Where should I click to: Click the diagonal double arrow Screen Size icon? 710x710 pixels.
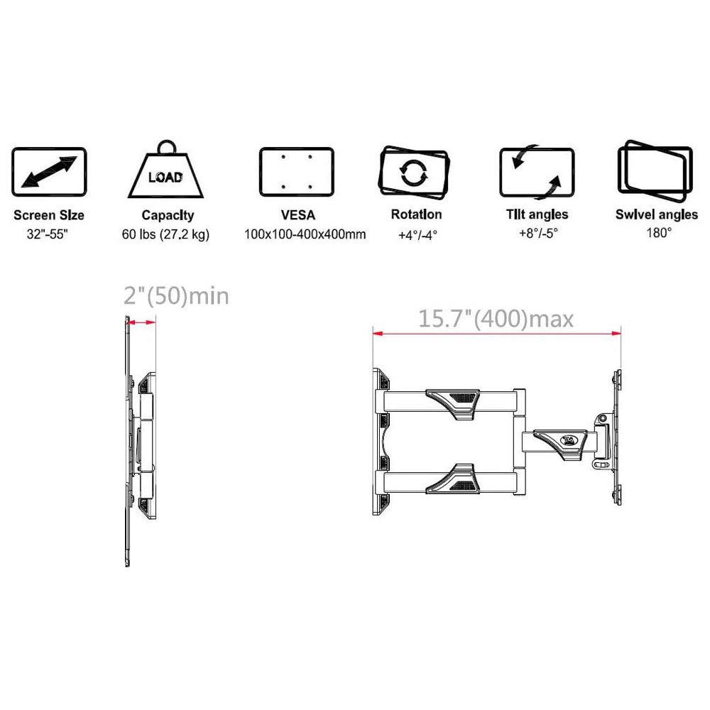pyautogui.click(x=49, y=172)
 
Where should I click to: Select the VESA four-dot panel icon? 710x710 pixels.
pyautogui.click(x=297, y=172)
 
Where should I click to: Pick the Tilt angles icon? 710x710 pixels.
pyautogui.click(x=537, y=172)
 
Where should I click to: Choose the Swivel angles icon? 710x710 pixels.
pyautogui.click(x=655, y=171)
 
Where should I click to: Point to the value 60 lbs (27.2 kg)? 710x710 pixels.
pyautogui.click(x=165, y=234)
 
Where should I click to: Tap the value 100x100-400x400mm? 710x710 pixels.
pyautogui.click(x=305, y=234)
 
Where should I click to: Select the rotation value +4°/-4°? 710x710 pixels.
pyautogui.click(x=417, y=235)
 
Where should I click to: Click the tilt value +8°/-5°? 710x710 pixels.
pyautogui.click(x=538, y=233)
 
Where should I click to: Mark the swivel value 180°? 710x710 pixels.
pyautogui.click(x=659, y=233)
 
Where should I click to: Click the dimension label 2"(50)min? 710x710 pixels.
pyautogui.click(x=176, y=296)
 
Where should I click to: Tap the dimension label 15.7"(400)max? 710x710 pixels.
pyautogui.click(x=496, y=319)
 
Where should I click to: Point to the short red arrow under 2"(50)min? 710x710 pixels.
pyautogui.click(x=141, y=322)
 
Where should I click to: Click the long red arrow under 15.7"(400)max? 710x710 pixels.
pyautogui.click(x=497, y=334)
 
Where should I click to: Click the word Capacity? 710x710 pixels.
pyautogui.click(x=168, y=215)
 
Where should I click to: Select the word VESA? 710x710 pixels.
pyautogui.click(x=298, y=214)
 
